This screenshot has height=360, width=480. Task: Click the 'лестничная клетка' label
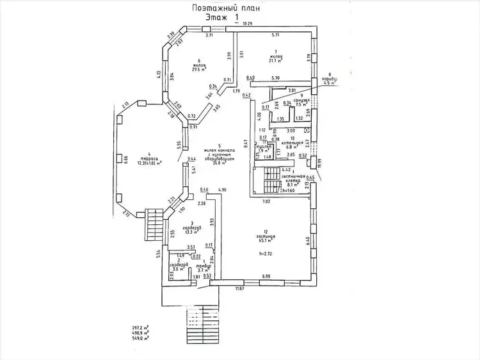click(x=293, y=176)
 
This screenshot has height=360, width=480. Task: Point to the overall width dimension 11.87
click(x=239, y=290)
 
